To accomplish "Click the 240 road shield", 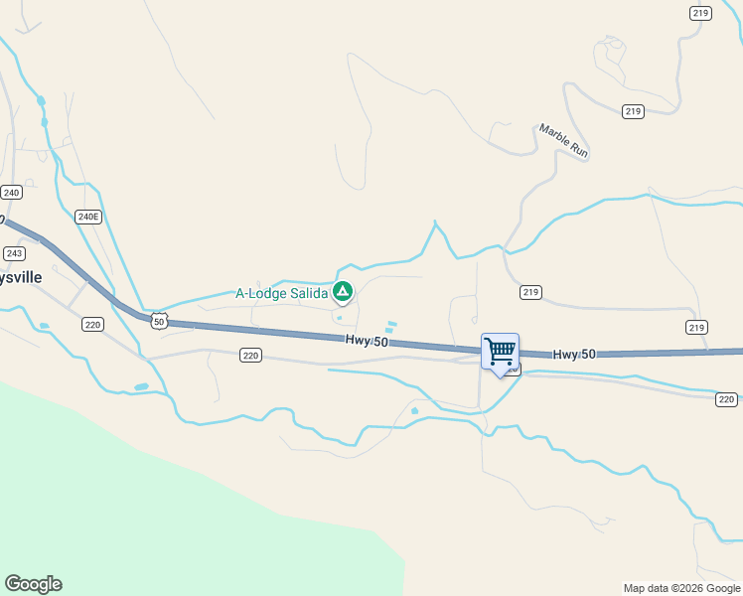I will coord(11,192).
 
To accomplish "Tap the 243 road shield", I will coord(13,253).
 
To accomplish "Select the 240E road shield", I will coord(89,217).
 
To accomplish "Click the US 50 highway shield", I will coord(159,320).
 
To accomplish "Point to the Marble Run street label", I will coord(564,141).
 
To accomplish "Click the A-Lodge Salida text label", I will coord(281,293).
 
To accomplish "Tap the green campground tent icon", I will coord(342,291).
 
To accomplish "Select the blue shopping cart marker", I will coord(500,352).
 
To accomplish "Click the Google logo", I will coord(33,584).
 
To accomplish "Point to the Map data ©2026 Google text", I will coord(681,588).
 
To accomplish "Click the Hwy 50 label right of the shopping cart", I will coord(574,355).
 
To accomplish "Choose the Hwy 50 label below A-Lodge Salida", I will coord(367,341).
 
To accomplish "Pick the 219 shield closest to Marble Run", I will coord(633,111).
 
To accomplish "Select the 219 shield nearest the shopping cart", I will coord(529,292).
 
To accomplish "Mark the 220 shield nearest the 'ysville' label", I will coord(92,324).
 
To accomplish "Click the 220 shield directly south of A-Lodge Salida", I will coord(250,355).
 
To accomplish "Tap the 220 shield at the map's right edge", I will coord(726,399).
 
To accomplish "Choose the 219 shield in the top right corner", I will coord(700,12).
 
